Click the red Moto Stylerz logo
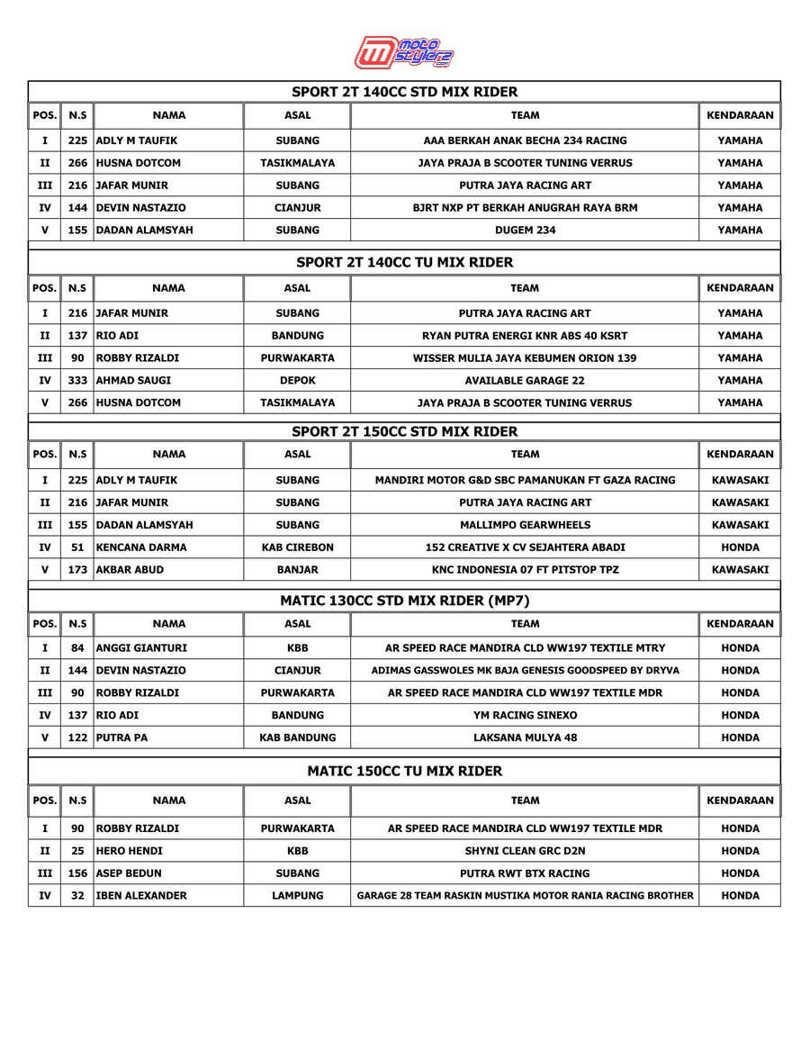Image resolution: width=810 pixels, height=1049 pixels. (x=404, y=52)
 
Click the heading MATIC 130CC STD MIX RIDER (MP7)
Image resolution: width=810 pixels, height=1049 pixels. (x=404, y=601)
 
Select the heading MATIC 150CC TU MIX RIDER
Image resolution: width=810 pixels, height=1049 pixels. (x=404, y=771)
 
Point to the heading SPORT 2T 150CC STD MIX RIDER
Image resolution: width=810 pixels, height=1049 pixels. (x=404, y=431)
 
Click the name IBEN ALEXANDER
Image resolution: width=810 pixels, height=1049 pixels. (x=141, y=896)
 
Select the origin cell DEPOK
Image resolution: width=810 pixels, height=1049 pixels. (x=297, y=380)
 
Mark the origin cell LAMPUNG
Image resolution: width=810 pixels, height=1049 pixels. (x=297, y=896)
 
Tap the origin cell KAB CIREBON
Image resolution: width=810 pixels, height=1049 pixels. (x=297, y=547)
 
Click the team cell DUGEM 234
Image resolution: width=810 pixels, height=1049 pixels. (x=525, y=230)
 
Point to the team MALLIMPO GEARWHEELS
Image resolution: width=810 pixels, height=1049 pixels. (x=525, y=525)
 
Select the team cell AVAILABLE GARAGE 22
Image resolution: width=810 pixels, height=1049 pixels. (x=525, y=380)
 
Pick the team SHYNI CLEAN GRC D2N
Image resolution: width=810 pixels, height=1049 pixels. (x=525, y=851)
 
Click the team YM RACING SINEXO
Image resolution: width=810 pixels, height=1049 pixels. (x=525, y=715)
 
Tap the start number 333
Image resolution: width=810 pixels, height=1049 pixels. (x=77, y=380)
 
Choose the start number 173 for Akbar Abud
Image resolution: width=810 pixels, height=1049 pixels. (x=77, y=570)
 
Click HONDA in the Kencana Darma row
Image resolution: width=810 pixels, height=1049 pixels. (x=740, y=547)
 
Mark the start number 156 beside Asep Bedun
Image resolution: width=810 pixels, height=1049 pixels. (x=77, y=873)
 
